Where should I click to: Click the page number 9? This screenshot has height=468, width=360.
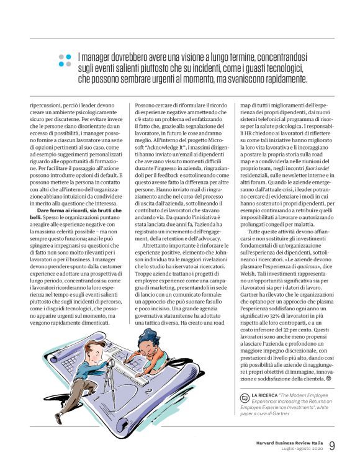click(332, 446)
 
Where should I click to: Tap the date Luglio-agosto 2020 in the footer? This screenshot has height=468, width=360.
click(299, 449)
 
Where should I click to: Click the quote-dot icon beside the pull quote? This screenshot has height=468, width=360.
click(65, 60)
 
